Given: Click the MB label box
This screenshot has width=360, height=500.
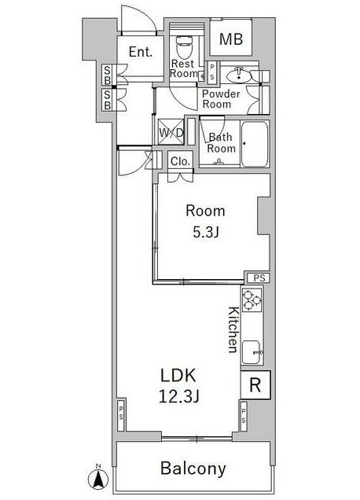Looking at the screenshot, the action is click(231, 39).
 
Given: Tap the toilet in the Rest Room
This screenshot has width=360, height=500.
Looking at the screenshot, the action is click(185, 47).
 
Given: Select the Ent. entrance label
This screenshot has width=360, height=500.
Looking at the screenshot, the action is click(141, 52).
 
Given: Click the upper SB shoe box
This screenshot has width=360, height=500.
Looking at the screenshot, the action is click(108, 75).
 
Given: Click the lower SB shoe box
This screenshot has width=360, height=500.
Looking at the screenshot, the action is click(108, 100).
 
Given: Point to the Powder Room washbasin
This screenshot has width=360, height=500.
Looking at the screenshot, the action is click(238, 76).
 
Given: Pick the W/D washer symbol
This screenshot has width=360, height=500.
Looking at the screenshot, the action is click(171, 132).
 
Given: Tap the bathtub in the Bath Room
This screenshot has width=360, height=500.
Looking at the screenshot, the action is click(254, 144).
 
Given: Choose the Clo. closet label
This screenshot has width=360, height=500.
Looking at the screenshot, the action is click(181, 161).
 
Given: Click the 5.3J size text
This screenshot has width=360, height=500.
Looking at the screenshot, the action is click(206, 233).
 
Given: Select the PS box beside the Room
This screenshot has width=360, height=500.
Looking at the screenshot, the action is click(259, 278).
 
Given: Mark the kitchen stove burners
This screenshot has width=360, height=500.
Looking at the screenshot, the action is click(252, 300).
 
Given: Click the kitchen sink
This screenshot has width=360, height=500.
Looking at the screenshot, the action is click(252, 352).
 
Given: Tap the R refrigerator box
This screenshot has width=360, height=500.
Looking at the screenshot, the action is click(255, 385).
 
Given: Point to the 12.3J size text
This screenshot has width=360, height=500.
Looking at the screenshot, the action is click(179, 397).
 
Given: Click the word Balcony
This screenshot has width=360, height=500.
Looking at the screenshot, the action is click(193, 469).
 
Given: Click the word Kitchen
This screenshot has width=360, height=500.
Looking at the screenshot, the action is click(233, 329).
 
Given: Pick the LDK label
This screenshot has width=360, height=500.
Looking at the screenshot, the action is click(178, 376).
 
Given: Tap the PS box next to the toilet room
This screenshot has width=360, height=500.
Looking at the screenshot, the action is click(211, 72).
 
